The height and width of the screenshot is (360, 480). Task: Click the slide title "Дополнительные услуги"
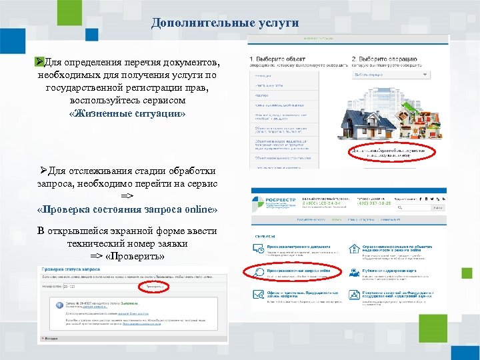pos(225,23)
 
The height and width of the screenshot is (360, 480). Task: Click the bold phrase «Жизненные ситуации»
pos(127,113)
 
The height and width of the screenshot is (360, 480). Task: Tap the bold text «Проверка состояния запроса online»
pos(127,209)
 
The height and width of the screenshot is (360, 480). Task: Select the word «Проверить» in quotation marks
pos(137,255)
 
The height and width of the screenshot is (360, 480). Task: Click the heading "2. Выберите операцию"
pos(383,59)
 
